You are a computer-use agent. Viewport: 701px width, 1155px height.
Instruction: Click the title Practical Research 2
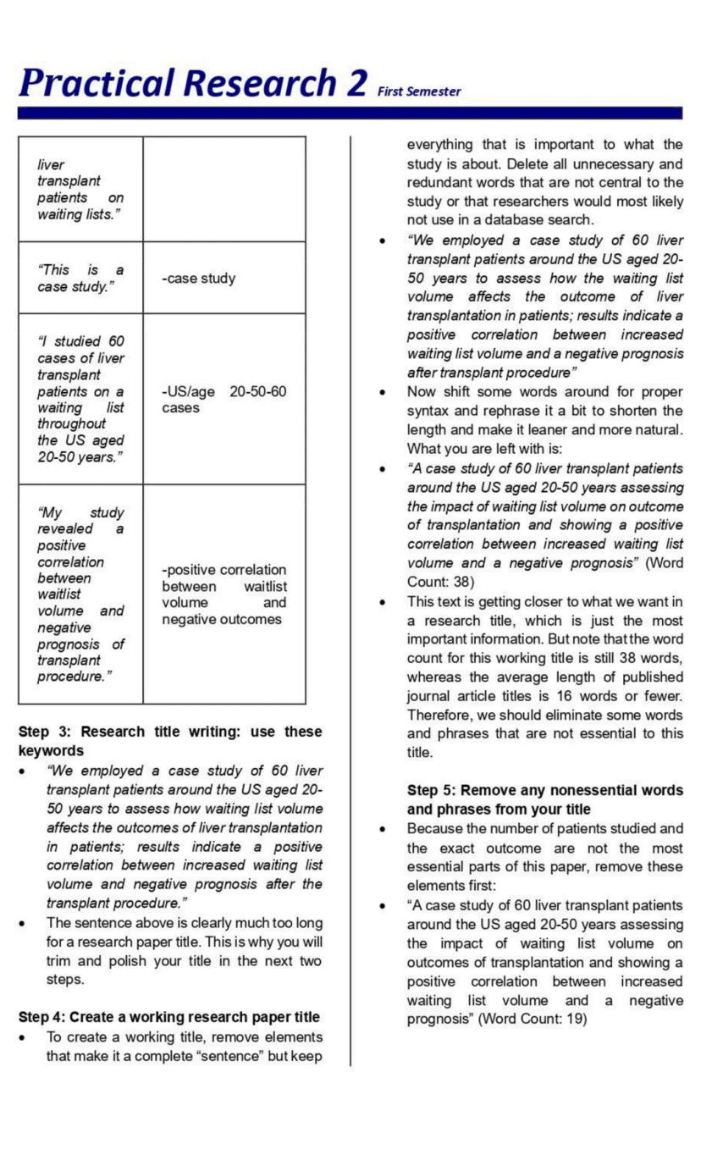point(193,82)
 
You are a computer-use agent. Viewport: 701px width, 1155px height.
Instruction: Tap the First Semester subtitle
point(419,91)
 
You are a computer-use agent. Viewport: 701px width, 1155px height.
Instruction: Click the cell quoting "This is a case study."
point(80,278)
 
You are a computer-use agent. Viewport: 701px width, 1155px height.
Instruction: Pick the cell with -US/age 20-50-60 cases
point(224,400)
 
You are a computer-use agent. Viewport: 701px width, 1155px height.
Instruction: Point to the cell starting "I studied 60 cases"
point(80,399)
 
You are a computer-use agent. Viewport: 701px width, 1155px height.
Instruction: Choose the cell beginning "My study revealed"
point(80,594)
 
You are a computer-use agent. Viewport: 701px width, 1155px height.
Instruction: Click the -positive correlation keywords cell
point(224,594)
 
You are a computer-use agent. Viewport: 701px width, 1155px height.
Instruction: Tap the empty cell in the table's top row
point(224,189)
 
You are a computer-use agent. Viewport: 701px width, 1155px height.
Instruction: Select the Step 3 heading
point(169,741)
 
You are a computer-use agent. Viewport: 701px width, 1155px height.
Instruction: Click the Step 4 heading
point(168,1017)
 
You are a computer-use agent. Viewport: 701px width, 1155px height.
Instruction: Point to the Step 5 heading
point(544,799)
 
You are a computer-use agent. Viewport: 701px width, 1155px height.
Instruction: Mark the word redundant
point(439,182)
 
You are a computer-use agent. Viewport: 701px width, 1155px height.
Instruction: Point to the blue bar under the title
point(350,113)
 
